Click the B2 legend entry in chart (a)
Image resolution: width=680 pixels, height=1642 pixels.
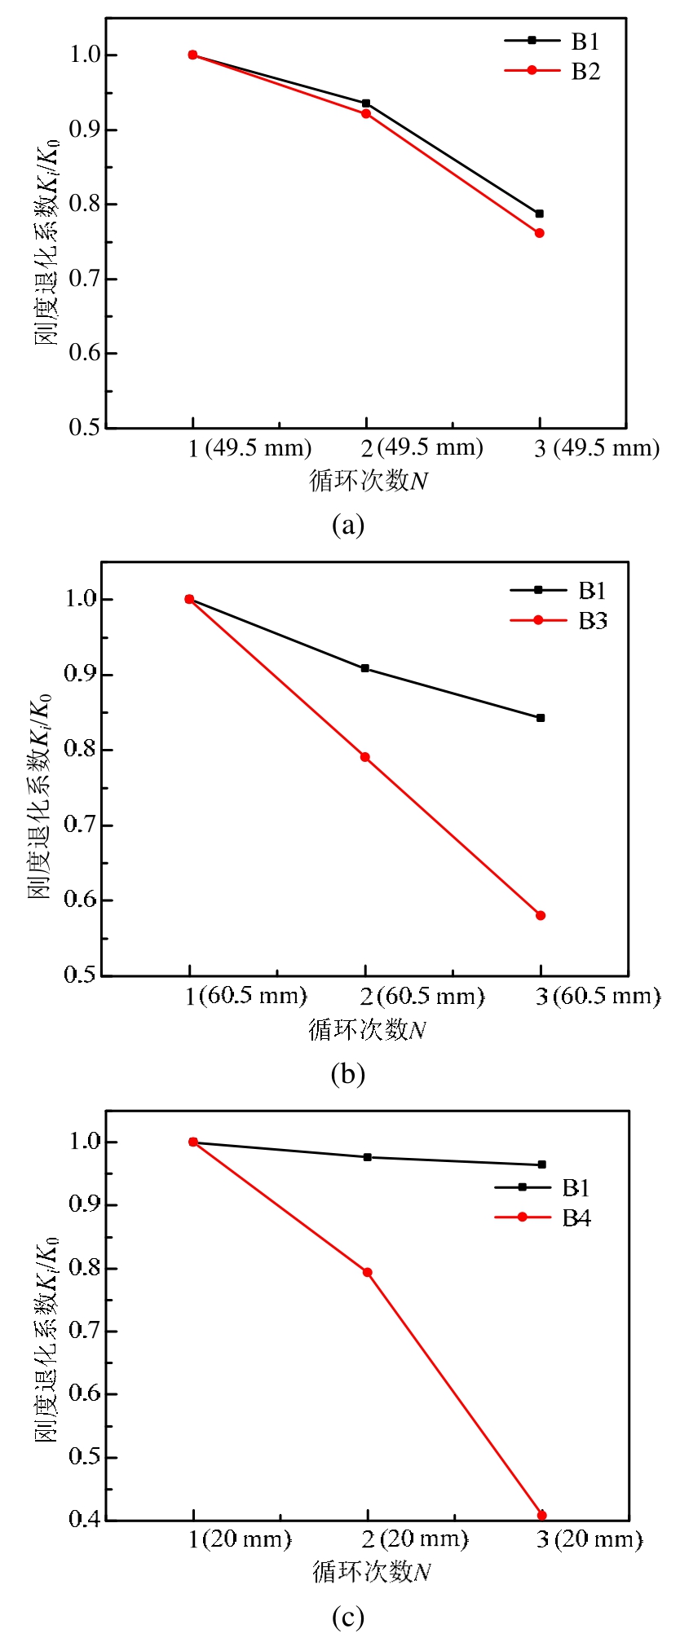554,72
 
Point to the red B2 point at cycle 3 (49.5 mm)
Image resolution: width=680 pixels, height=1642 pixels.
539,233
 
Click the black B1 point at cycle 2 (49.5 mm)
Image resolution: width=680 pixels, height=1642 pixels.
366,103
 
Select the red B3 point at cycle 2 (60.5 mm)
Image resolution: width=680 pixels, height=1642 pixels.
365,757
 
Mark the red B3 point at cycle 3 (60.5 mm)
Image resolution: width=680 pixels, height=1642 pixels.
541,915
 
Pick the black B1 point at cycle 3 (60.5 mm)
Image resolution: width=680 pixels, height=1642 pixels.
541,718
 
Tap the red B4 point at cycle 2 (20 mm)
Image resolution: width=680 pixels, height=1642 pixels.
368,1272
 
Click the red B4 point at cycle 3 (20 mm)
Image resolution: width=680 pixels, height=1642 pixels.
541,1515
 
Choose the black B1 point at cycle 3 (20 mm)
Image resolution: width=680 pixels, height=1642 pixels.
541,1164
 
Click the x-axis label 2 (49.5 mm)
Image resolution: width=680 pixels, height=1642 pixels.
422,448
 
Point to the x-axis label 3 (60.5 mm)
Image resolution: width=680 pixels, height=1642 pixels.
598,996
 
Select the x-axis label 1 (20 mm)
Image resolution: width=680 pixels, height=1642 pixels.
240,1539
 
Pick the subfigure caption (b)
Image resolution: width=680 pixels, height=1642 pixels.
347,1074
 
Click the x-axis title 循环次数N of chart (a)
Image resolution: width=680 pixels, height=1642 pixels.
369,481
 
